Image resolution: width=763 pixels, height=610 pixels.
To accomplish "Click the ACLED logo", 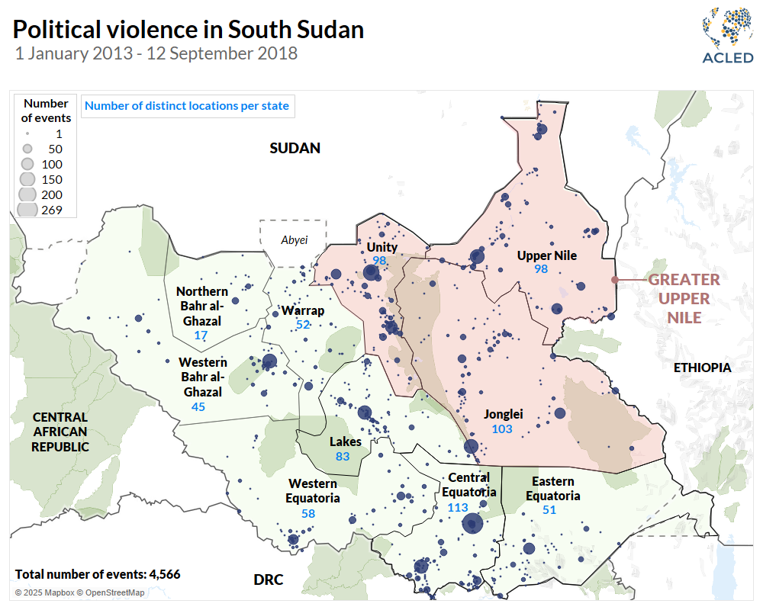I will (x=727, y=37).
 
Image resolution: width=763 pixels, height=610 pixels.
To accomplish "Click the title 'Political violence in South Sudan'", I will (x=188, y=30).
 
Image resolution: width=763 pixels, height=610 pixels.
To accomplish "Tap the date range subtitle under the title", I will (x=156, y=53).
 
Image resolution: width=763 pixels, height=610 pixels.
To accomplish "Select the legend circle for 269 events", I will (x=27, y=209).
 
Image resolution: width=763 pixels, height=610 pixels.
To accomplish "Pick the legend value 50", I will (x=55, y=149).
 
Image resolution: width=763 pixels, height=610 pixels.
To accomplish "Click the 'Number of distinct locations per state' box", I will (x=187, y=106).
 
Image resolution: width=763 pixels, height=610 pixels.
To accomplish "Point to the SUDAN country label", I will (x=295, y=148).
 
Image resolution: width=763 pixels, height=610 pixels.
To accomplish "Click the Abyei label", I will (x=295, y=240).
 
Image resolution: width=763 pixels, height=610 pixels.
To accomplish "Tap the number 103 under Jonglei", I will (x=502, y=429).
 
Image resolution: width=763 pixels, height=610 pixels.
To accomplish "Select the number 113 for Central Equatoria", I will (x=458, y=508).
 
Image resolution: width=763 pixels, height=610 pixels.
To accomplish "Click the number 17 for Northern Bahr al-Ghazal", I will (x=201, y=335).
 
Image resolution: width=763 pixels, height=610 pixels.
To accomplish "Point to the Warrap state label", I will (x=302, y=310).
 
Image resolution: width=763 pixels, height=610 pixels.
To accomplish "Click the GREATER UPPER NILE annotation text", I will (x=684, y=298).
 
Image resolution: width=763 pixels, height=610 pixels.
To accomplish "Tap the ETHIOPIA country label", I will (x=702, y=368).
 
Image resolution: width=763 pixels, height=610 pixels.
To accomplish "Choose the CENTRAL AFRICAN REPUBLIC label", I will (x=60, y=432).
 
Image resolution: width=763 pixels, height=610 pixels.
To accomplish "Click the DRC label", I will (x=269, y=580).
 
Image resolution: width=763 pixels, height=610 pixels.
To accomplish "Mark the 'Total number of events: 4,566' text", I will (x=98, y=574).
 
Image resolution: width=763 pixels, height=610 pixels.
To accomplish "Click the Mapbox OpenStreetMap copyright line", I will (x=79, y=592).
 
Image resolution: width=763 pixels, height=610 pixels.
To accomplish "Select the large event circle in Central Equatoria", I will (x=472, y=523).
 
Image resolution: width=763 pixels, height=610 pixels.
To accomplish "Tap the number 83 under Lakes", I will (x=343, y=456).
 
